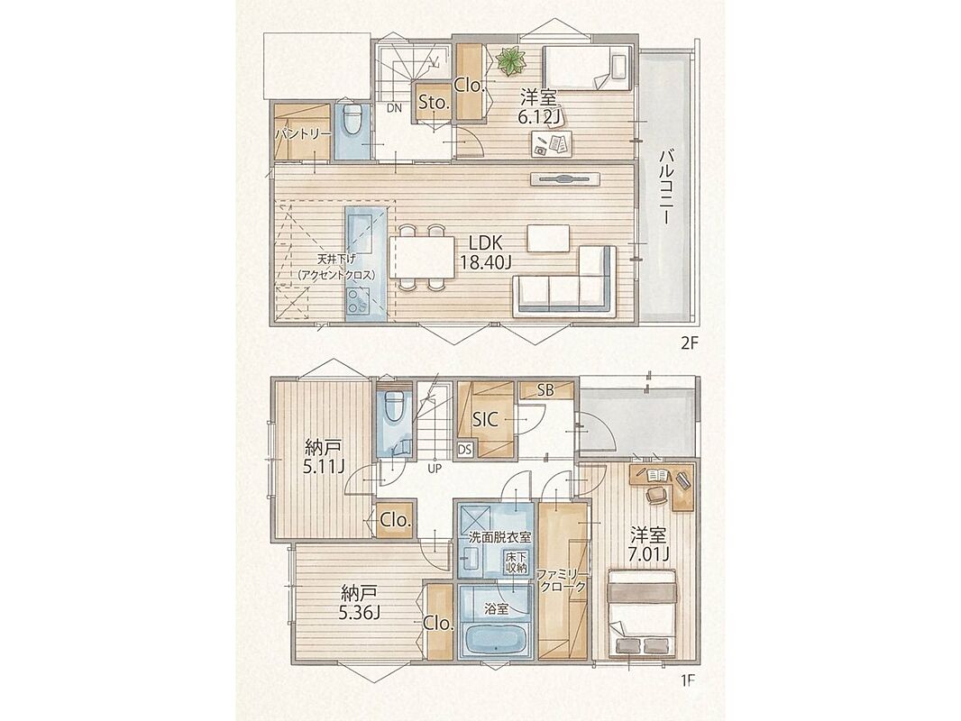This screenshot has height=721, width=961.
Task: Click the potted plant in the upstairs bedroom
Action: [x=510, y=62]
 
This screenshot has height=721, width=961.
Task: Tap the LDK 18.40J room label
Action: [x=486, y=252]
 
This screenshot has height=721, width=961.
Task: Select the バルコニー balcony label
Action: [x=667, y=187]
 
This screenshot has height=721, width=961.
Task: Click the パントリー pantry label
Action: [x=303, y=134]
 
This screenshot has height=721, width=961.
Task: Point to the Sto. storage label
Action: [x=435, y=104]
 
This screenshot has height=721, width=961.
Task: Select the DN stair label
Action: [x=394, y=108]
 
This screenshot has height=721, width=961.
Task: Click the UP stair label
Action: [x=435, y=470]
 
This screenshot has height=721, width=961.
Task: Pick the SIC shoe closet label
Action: [x=486, y=420]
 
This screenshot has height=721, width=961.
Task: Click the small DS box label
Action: [x=464, y=450]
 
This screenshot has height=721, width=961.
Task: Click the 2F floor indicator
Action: [x=690, y=343]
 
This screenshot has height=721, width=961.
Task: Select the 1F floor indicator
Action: [x=688, y=680]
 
